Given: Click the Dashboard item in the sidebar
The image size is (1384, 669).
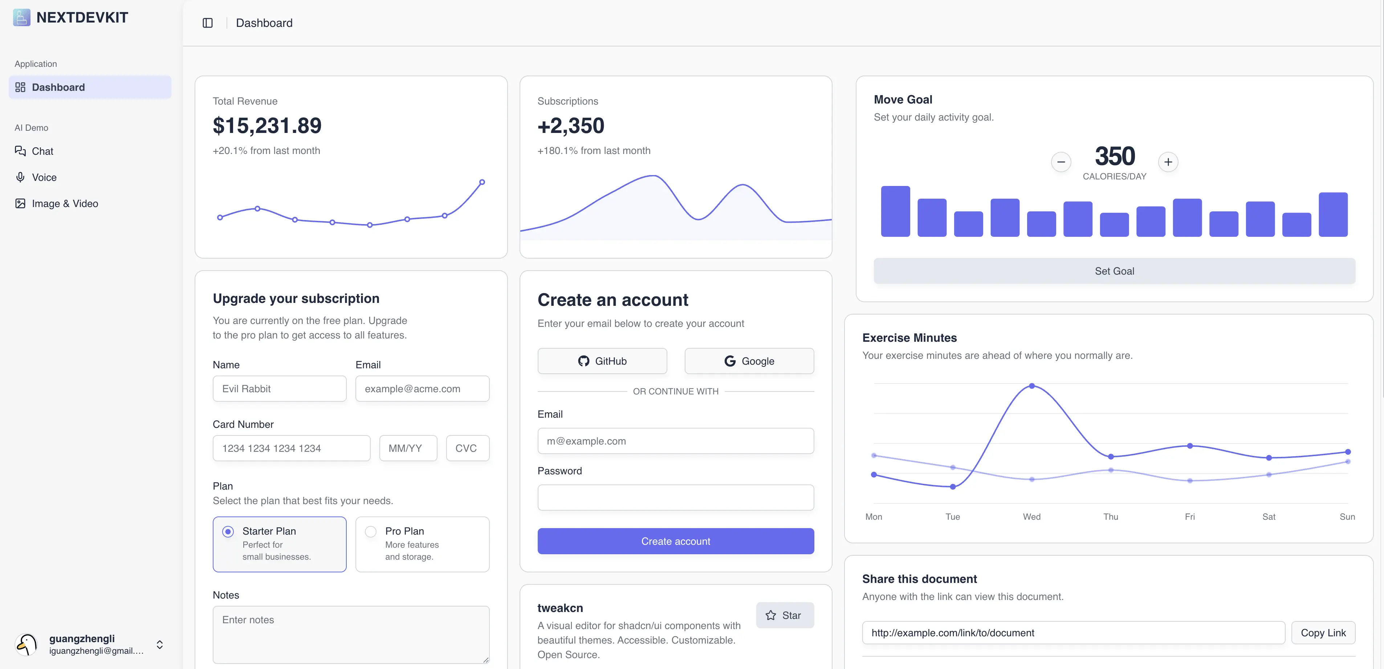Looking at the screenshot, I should [x=90, y=87].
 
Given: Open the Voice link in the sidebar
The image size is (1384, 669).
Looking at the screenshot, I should [x=44, y=177].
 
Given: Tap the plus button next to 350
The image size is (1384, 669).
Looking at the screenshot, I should [x=1168, y=162].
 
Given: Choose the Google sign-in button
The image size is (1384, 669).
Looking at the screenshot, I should [x=749, y=361].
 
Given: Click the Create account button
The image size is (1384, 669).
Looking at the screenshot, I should [x=675, y=541].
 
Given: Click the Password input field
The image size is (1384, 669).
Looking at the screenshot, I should [x=675, y=498].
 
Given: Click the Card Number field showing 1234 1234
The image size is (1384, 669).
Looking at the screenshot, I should [x=291, y=448].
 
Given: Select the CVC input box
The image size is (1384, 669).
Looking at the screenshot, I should [x=467, y=448].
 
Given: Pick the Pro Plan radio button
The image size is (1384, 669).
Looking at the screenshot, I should [x=371, y=531].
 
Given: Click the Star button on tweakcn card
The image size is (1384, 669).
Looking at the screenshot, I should [x=785, y=615].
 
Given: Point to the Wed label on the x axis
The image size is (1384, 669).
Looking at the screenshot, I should [x=1031, y=516].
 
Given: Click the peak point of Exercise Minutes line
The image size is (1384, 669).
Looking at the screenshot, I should [x=1031, y=386].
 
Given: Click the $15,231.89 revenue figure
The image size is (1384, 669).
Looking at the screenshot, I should [x=267, y=126].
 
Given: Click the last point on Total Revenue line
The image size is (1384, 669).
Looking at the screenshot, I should [x=482, y=182].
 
